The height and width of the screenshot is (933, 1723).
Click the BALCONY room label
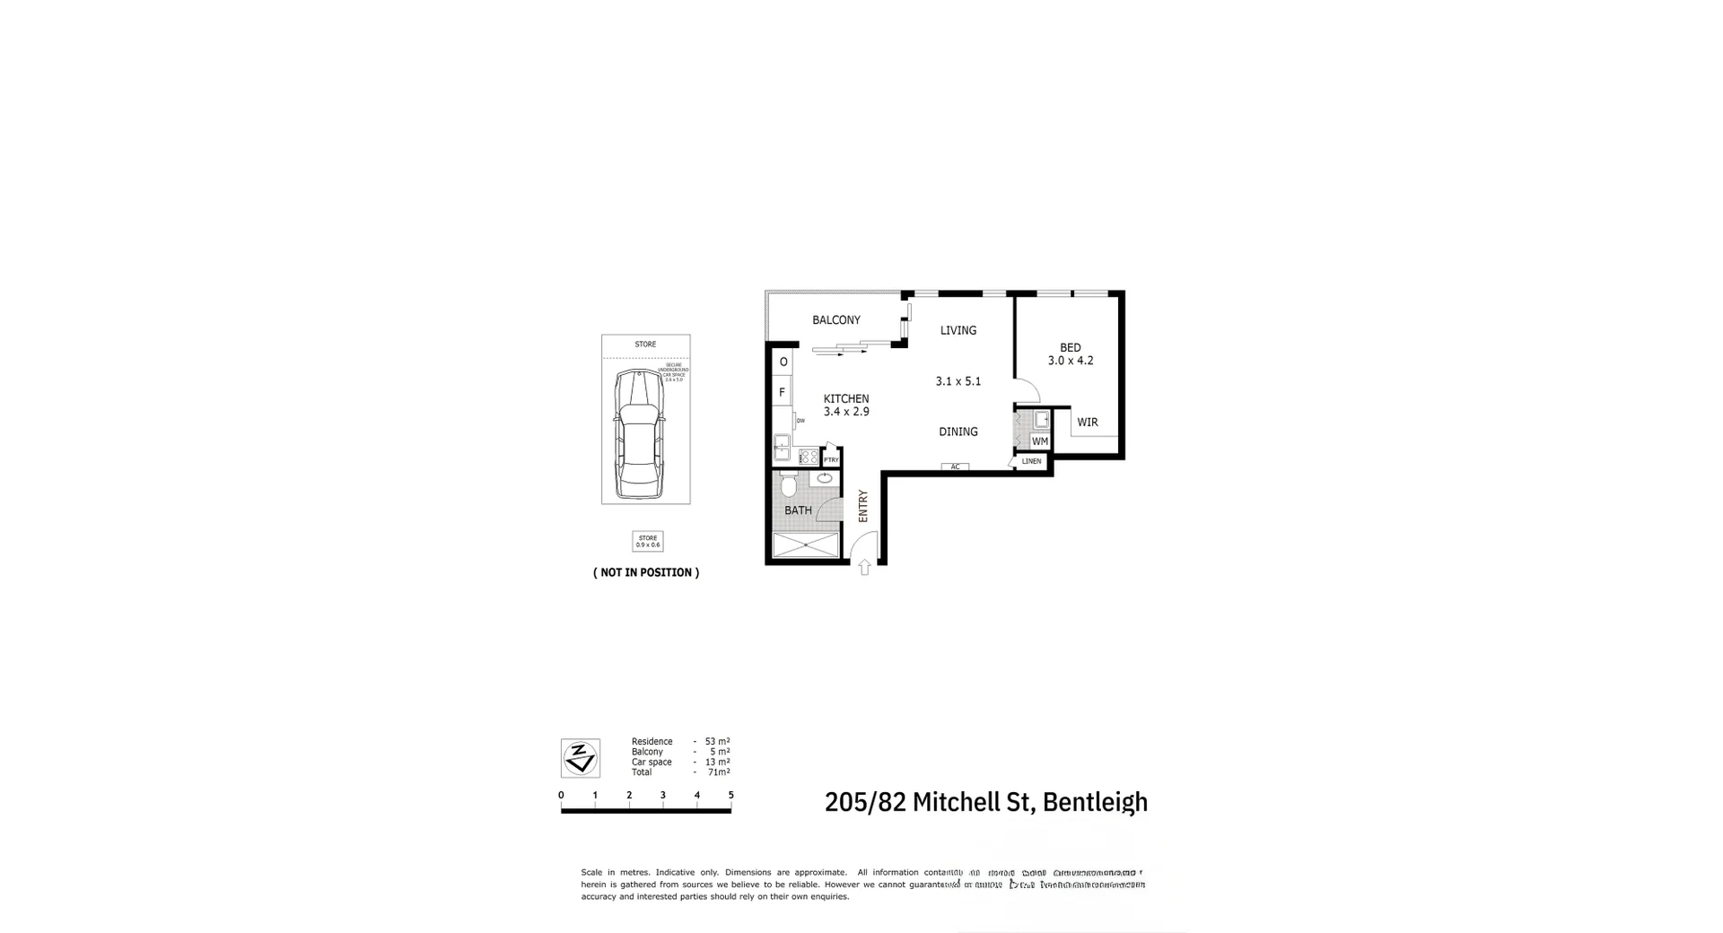(x=835, y=320)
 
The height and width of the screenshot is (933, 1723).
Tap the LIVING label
(x=958, y=330)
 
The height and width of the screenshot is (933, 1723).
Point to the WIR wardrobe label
(x=1087, y=423)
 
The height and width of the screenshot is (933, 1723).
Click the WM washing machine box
(x=1039, y=441)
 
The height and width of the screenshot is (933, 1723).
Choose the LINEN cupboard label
(x=1031, y=461)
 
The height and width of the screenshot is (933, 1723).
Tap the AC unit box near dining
(x=955, y=466)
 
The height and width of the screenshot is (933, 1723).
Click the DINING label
(x=958, y=432)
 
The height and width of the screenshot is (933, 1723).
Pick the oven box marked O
(x=783, y=362)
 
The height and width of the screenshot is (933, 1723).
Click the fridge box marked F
(x=782, y=392)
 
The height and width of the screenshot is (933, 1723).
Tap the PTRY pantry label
(x=831, y=460)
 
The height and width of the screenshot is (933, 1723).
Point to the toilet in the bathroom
(x=789, y=485)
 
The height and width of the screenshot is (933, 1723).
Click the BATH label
(x=798, y=510)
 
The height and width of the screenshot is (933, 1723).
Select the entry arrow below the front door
(x=864, y=567)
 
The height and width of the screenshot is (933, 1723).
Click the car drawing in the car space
(x=638, y=433)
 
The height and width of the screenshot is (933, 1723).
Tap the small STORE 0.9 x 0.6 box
(x=647, y=541)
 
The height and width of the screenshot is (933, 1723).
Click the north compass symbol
(x=580, y=758)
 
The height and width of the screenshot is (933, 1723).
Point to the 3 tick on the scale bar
(x=663, y=795)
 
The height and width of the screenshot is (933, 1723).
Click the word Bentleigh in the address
(x=1095, y=801)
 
